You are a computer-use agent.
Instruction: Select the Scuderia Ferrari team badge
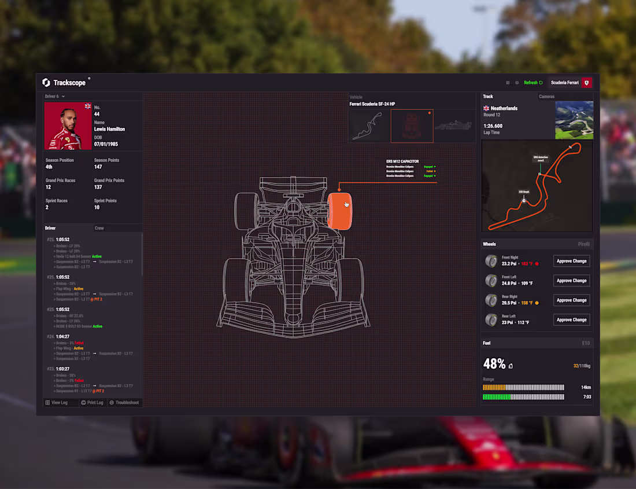pos(586,83)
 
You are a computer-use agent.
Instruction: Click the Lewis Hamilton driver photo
pos(68,126)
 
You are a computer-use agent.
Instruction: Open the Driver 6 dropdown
pos(55,96)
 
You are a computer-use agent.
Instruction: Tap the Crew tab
pos(99,228)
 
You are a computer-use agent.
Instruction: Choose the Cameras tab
pos(546,97)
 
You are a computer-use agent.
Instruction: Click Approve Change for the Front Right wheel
pos(571,261)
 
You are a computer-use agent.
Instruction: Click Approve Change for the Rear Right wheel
pos(571,300)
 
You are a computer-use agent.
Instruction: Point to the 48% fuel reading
pos(494,364)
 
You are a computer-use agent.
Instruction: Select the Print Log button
pos(93,402)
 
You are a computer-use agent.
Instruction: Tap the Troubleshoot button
pos(124,402)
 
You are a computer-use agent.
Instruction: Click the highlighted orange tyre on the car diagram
pos(339,211)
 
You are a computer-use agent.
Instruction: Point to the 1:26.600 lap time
pos(493,126)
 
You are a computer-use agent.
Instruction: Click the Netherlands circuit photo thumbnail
pos(574,120)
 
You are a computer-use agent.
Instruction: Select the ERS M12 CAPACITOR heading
pos(402,161)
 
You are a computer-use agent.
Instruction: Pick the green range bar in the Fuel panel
pos(523,397)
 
